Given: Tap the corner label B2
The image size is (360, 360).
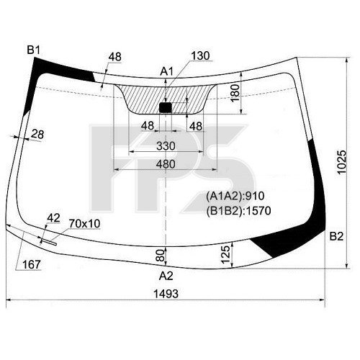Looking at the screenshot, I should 336,236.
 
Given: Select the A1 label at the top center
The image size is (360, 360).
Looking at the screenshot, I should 166,71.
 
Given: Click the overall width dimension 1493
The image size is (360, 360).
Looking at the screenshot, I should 166,294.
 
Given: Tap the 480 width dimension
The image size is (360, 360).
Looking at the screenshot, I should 166,164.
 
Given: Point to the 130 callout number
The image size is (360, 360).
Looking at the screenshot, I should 202,56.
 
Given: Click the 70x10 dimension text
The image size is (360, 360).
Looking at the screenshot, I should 84,224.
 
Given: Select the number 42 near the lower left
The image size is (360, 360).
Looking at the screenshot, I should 53,217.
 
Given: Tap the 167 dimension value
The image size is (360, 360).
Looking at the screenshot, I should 30,264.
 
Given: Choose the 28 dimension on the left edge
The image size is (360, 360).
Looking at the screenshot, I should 37,133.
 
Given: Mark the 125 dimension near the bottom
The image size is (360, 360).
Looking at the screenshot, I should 225,253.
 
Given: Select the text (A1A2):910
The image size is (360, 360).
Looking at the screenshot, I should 231,196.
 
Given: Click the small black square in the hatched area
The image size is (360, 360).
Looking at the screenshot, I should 165,107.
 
